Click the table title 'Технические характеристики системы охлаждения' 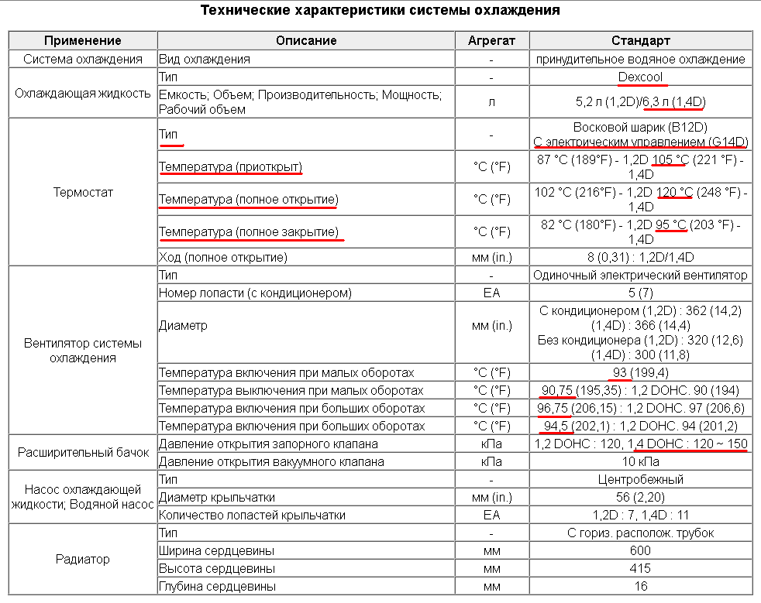[380, 11]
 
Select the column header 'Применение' [82, 40]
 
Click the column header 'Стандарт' [640, 40]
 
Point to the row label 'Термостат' [82, 192]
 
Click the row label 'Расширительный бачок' [82, 453]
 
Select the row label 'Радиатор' [82, 559]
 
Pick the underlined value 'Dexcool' [640, 77]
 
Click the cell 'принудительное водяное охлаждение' [640, 59]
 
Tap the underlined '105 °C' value [670, 159]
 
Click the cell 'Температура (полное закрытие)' [249, 231]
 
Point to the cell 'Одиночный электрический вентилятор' [640, 275]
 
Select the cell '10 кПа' [640, 462]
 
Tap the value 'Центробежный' [640, 480]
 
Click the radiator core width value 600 [640, 550]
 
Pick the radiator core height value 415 [640, 569]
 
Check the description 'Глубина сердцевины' [217, 587]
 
